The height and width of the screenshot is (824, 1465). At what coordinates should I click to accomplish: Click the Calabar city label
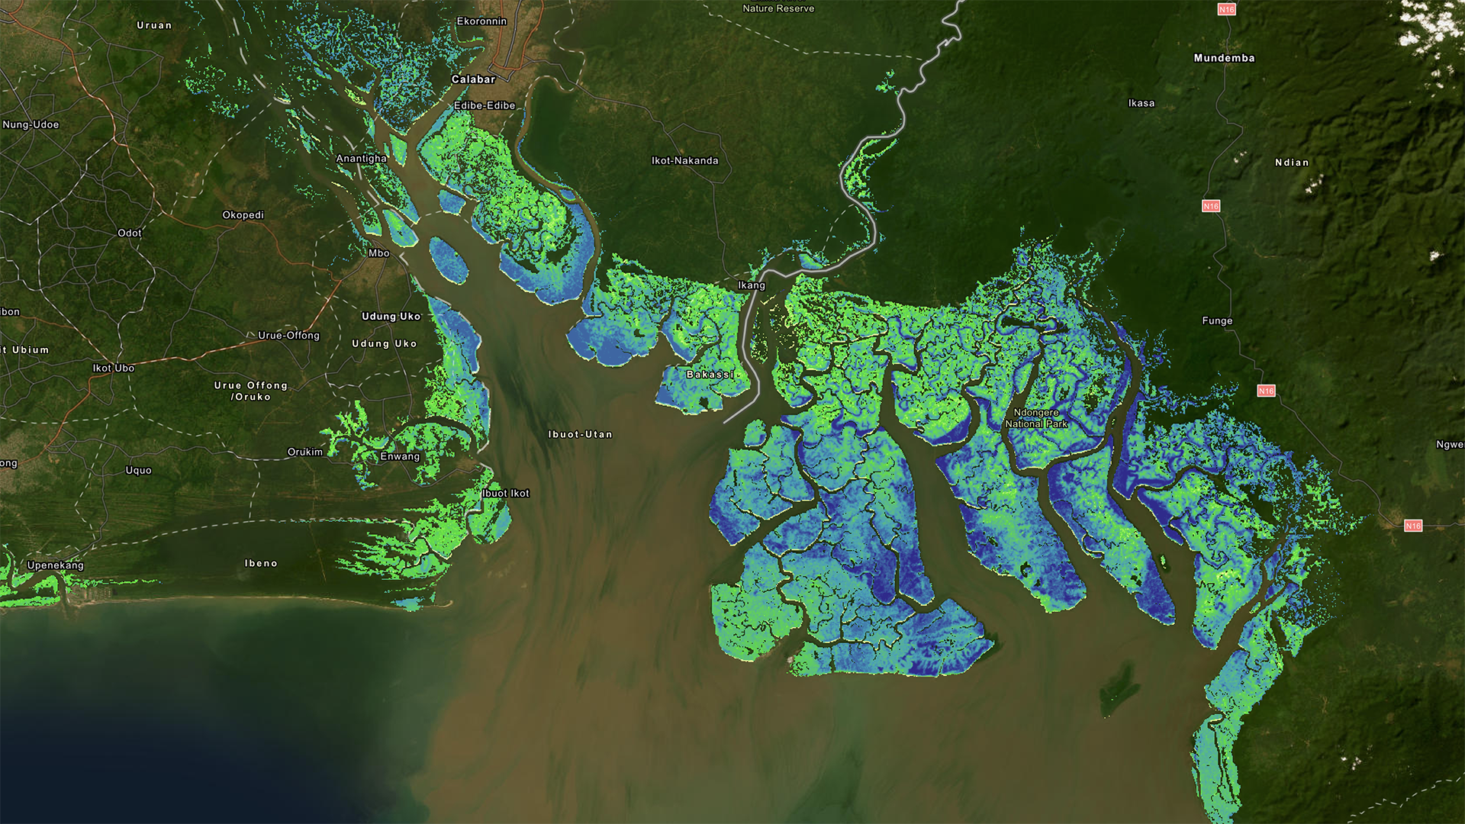[x=473, y=79]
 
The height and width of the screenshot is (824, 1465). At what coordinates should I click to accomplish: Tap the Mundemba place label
[x=1224, y=58]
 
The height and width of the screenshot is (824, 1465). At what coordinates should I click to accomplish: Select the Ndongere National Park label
[x=1035, y=418]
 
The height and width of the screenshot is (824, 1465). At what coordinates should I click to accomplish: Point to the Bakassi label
[x=710, y=375]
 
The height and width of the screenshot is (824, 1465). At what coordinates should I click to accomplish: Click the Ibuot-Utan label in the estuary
[x=580, y=434]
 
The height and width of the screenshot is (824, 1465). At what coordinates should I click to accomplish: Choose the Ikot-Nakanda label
[x=684, y=161]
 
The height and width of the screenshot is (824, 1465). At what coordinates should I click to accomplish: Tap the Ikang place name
[x=751, y=285]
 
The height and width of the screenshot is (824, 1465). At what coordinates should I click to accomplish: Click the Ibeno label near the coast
[x=261, y=563]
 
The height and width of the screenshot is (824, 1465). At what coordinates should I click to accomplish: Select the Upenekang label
[x=55, y=565]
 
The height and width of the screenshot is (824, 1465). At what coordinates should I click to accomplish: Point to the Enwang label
[x=400, y=456]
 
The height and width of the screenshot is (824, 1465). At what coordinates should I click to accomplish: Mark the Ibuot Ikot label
[x=505, y=493]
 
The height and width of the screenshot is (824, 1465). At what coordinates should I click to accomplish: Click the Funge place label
[x=1217, y=321]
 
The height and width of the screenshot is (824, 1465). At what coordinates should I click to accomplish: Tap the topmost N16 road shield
[x=1226, y=10]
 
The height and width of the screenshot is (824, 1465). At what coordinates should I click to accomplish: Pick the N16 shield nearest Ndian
[x=1211, y=206]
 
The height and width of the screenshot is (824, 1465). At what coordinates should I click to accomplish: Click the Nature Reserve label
[x=778, y=8]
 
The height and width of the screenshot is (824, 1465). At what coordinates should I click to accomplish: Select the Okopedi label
[x=243, y=215]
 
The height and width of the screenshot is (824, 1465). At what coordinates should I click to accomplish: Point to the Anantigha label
[x=361, y=159]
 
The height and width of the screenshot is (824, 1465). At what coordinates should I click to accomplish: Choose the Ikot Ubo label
[x=114, y=368]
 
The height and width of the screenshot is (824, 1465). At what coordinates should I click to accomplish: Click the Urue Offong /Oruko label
[x=251, y=391]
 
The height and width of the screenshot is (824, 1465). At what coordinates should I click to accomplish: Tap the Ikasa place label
[x=1141, y=103]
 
